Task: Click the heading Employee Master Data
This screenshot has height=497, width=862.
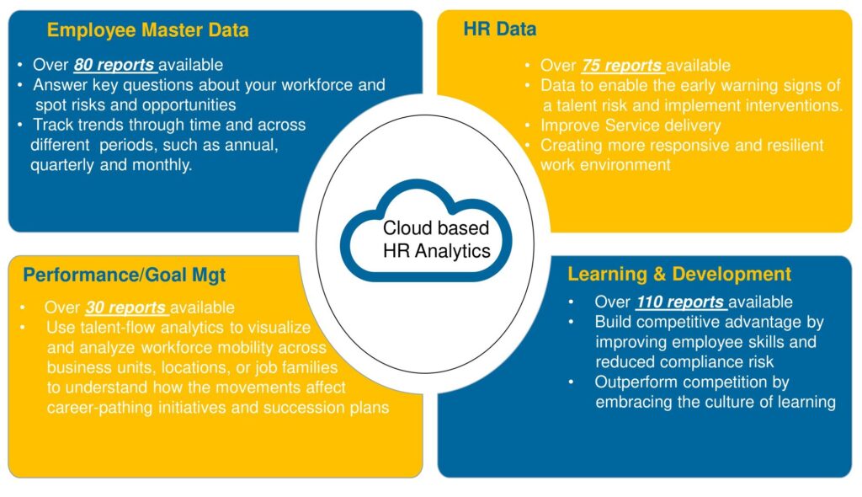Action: (x=148, y=29)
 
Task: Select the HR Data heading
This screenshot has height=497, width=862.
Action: (x=500, y=29)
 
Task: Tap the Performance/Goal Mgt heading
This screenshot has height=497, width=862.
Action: (x=125, y=275)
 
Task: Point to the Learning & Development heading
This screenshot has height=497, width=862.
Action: (x=679, y=274)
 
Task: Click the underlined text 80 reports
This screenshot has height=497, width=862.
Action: (x=114, y=64)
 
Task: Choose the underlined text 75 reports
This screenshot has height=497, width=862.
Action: (x=621, y=65)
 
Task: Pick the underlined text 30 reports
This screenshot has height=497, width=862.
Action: (x=125, y=307)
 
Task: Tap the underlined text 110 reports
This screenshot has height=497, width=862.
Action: (x=680, y=302)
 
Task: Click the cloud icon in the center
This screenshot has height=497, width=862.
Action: (x=426, y=231)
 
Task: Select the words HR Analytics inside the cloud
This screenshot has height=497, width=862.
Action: (x=437, y=251)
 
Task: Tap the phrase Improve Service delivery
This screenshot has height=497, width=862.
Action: (x=631, y=126)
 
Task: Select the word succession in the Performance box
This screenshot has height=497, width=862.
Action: (x=306, y=407)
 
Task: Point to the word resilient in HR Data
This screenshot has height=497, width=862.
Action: (x=794, y=145)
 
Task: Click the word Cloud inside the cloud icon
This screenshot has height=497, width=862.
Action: (x=405, y=227)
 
